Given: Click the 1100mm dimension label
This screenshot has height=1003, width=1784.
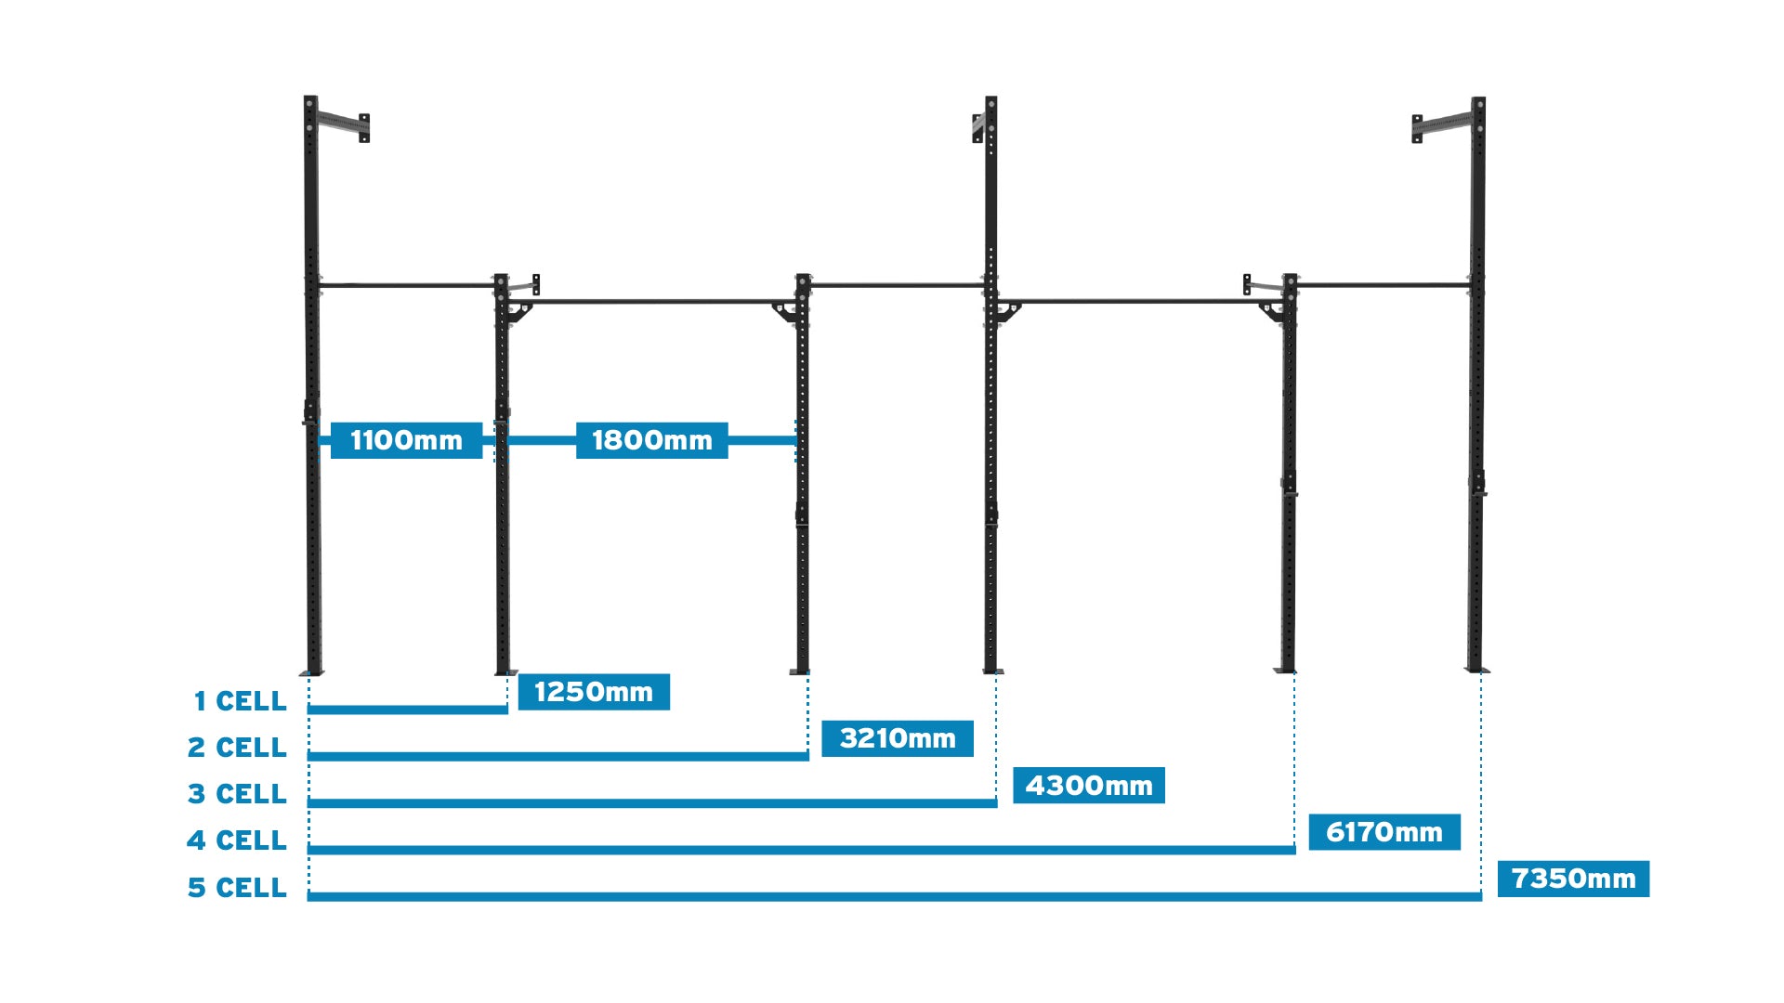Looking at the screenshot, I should pos(406,440).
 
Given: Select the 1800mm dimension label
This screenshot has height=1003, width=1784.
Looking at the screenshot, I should pos(651,440).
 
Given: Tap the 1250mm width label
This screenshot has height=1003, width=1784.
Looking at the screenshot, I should pos(594,692).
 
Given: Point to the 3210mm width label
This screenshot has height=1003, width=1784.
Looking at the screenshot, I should pos(898,738).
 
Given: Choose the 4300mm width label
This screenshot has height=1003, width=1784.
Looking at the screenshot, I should pos(1088,786).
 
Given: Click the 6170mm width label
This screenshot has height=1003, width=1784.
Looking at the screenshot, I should pos(1384,832).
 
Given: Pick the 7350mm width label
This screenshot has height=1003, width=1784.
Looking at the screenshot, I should pos(1573,879).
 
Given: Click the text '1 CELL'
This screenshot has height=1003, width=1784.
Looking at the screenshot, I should pos(240,701).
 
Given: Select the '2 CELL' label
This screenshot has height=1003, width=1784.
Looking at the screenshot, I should pos(237,748).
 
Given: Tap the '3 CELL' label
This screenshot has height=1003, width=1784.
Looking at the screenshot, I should pos(237,794).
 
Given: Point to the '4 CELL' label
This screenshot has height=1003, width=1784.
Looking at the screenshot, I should pos(237,840).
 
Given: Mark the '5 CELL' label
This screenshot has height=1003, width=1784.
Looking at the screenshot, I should pos(237,888).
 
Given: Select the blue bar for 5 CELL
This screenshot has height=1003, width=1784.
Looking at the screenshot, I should pos(894,896).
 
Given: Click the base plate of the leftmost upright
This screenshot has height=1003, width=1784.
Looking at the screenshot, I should pos(311,672).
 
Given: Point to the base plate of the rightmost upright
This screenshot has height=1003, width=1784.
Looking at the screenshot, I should pos(1477,670).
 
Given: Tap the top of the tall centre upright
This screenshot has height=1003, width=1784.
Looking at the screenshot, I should pos(991,101).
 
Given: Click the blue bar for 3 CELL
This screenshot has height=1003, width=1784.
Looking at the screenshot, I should pos(651,802).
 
